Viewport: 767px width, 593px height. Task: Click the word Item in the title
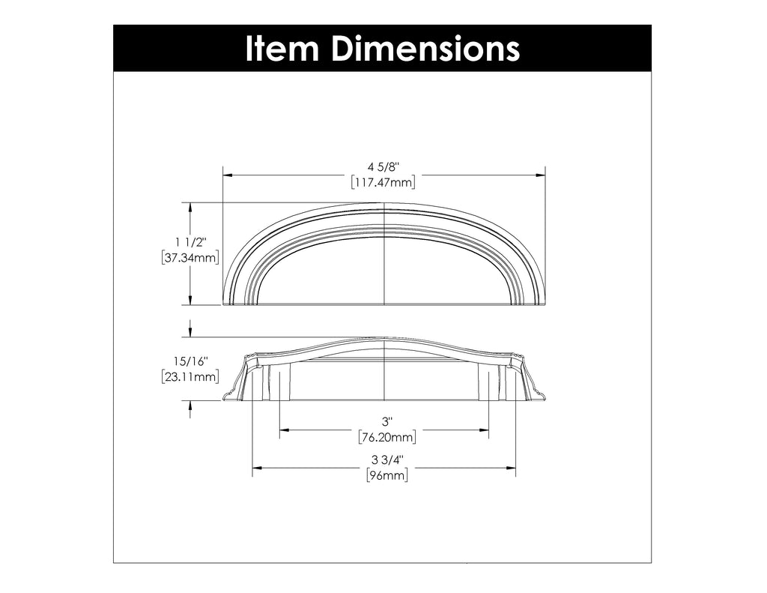tap(284, 49)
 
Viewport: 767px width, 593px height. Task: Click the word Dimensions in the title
tap(425, 49)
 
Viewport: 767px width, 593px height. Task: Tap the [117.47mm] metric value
tap(383, 182)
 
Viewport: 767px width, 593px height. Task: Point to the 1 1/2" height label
tap(190, 241)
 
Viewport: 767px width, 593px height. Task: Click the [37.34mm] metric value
tap(190, 257)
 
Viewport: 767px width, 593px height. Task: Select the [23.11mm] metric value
tap(190, 377)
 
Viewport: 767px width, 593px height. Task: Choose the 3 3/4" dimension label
tap(384, 460)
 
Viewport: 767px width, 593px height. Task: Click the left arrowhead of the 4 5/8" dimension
tap(227, 175)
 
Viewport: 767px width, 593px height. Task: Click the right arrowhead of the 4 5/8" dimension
tap(541, 175)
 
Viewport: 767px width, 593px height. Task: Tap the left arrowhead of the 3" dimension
tap(284, 430)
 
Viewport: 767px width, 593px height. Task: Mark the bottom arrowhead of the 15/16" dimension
tap(190, 405)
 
